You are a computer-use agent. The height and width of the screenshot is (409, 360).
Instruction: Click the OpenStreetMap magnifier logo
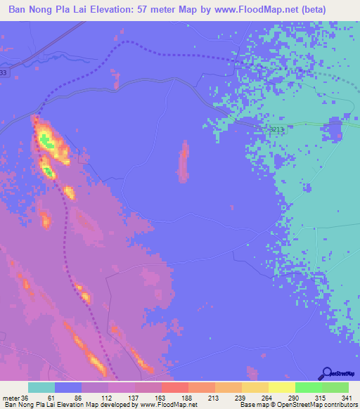coord(327,373)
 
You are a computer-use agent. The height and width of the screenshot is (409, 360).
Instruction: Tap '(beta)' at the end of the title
coord(337,9)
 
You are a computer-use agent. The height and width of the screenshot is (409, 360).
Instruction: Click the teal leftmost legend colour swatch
coord(41,387)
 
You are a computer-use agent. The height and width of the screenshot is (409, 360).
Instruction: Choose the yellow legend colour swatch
coord(281,387)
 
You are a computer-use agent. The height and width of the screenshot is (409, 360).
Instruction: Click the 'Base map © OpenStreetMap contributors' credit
coord(296,405)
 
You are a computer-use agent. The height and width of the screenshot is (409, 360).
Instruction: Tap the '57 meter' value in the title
coord(188,9)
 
